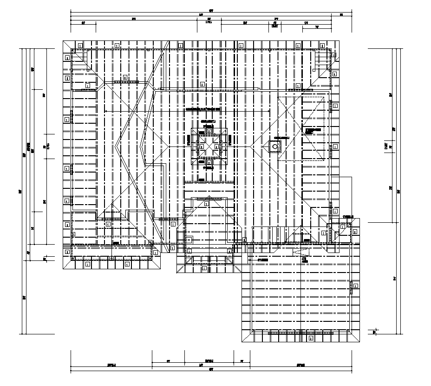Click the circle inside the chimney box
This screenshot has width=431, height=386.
click(275, 147)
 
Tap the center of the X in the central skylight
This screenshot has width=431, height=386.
click(209, 146)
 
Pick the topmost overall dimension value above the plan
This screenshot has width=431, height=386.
click(210, 10)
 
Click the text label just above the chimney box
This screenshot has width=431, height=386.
click(281, 138)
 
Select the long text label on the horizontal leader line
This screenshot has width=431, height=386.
click(203, 109)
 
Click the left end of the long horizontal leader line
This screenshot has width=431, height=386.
click(106, 111)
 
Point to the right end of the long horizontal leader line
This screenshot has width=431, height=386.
click(270, 111)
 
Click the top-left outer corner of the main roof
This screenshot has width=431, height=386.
click(63, 41)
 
